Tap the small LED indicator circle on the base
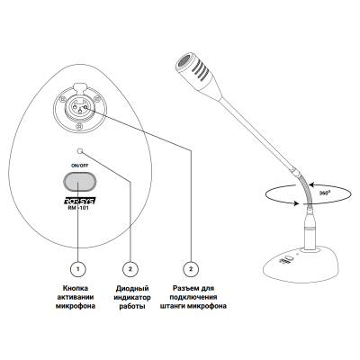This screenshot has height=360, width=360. [x=80, y=151]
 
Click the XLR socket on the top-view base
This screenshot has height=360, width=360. [x=78, y=107]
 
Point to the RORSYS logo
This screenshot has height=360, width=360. [x=79, y=201]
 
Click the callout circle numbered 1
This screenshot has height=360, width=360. [x=77, y=269]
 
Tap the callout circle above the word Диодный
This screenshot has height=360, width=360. [x=130, y=269]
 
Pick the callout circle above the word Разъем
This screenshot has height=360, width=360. [x=191, y=269]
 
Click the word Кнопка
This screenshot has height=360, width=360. [x=76, y=288]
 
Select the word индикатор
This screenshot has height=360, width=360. [x=132, y=298]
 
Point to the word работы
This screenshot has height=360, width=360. [x=132, y=307]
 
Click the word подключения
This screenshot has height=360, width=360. [x=193, y=297]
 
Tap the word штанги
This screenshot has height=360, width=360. [x=173, y=306]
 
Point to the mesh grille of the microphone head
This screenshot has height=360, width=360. [x=183, y=62]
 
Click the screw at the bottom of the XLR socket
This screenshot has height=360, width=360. [x=78, y=126]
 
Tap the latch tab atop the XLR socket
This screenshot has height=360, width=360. [x=78, y=86]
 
